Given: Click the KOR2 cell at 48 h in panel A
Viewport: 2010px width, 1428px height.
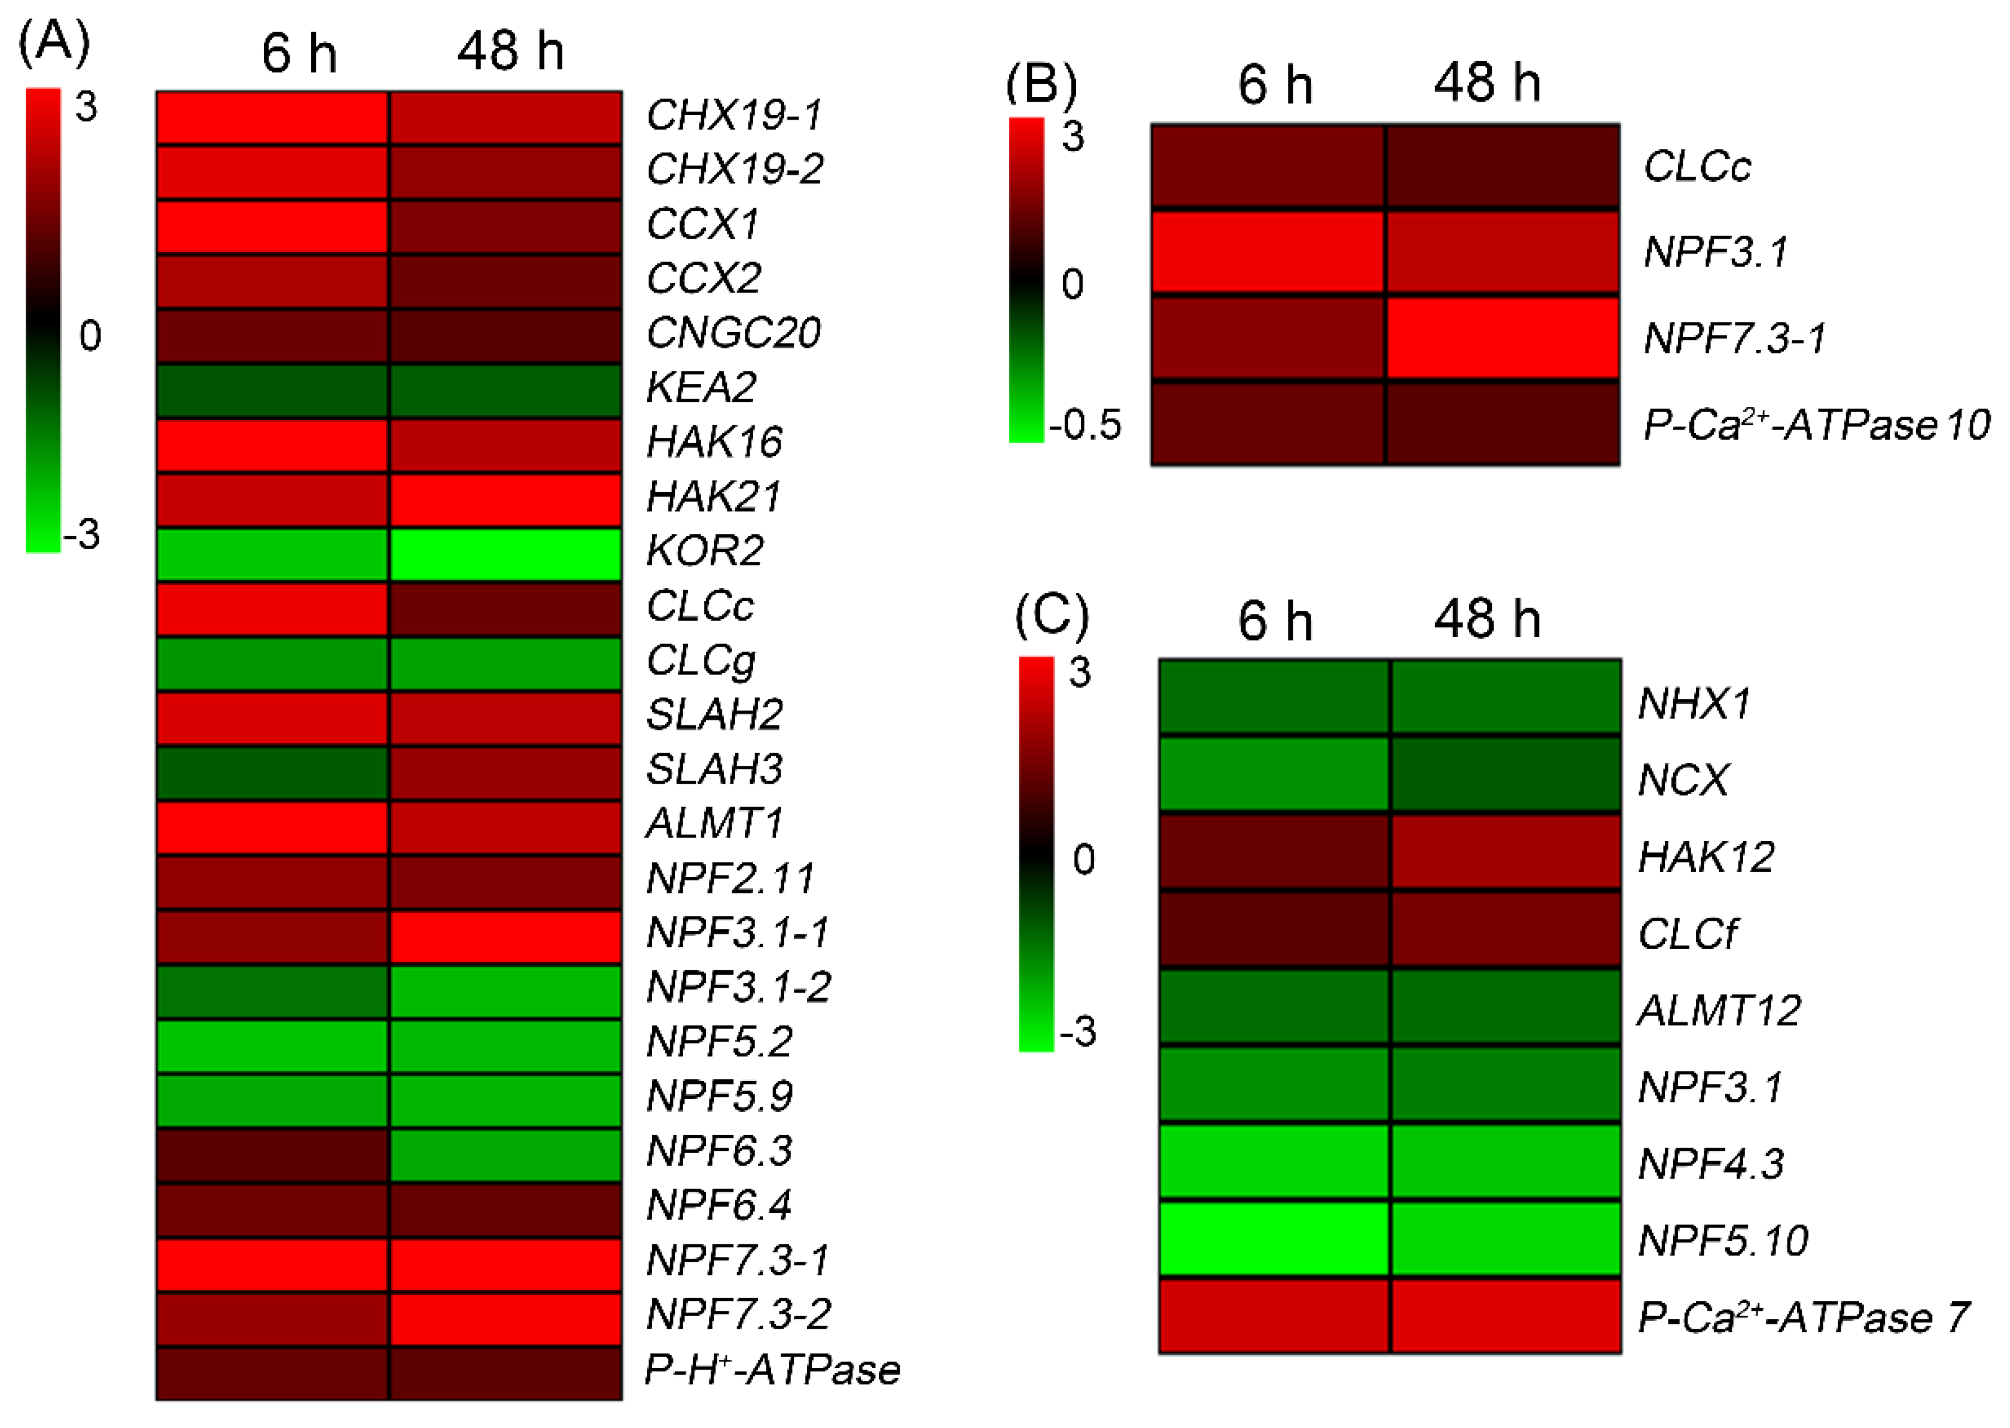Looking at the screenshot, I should tap(505, 554).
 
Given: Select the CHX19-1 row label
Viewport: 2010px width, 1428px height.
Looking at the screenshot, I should tap(734, 115).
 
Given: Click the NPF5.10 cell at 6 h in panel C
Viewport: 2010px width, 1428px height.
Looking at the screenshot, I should tap(1274, 1238).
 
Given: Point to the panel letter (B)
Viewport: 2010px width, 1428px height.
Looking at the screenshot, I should tap(1041, 84).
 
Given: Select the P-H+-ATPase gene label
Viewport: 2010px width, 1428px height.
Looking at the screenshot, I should tap(772, 1370).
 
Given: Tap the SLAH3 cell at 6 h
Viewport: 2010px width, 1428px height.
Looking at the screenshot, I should tap(273, 772).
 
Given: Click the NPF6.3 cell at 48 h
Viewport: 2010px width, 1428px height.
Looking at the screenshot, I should tap(505, 1153).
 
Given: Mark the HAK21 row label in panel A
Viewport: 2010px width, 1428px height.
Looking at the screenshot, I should tap(713, 497).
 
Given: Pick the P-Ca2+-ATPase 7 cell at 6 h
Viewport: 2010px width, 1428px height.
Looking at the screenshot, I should tap(1274, 1316).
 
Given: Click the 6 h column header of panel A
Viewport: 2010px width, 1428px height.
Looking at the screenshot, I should tap(299, 53).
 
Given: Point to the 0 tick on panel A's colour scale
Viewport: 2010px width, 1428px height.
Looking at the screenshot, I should tap(90, 336).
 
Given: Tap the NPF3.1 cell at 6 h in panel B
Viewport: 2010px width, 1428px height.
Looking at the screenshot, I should tap(1268, 252).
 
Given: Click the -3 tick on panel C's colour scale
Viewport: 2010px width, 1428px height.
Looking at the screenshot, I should tap(1079, 1031).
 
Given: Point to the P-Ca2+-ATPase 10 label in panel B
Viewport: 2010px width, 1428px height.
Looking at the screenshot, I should tap(1816, 425).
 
